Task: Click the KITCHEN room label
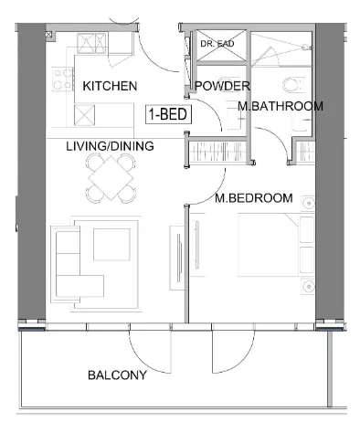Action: coord(109,87)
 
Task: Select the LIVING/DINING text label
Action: coord(109,146)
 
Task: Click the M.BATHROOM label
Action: coord(280,107)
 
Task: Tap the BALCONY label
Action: coord(117,375)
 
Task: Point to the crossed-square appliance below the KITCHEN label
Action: coord(84,114)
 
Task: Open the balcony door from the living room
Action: coord(146,347)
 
